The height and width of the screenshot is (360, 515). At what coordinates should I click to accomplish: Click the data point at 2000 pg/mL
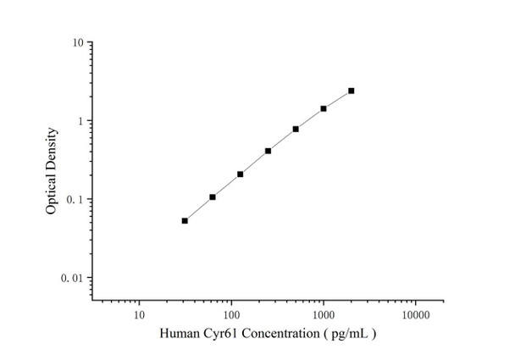[351, 91]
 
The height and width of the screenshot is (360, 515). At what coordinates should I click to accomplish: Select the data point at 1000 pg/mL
[324, 108]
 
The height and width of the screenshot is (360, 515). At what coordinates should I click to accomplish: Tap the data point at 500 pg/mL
[296, 129]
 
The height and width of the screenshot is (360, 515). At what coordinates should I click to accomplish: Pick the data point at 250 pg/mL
[268, 151]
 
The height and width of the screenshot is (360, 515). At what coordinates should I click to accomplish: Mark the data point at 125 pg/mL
[241, 174]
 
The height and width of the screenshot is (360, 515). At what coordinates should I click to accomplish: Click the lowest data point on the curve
[185, 220]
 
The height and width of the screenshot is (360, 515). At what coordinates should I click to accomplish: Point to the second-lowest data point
[213, 197]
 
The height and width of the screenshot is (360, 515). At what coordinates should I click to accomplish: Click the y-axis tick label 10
[77, 43]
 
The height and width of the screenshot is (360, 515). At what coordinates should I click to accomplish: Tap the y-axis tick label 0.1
[75, 200]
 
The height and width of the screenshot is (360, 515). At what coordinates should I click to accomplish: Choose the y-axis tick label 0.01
[72, 278]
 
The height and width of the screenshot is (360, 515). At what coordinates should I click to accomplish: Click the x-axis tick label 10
[139, 314]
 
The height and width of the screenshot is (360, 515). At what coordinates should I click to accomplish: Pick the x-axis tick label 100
[230, 314]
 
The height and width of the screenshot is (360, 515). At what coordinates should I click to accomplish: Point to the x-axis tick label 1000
[323, 314]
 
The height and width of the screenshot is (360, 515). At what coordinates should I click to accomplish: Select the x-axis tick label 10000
[415, 314]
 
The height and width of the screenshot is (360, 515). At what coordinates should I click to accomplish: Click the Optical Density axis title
[53, 170]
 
